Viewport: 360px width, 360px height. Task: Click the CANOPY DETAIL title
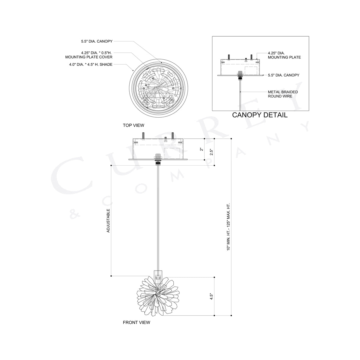point(260,115)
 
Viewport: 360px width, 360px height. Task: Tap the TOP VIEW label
point(133,125)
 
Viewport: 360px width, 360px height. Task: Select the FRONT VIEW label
point(136,322)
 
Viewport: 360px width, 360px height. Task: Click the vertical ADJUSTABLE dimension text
point(108,221)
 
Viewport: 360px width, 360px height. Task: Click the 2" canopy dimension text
point(202,149)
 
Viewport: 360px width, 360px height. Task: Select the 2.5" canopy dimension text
point(212,152)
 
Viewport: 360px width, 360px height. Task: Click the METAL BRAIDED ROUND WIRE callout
point(283,94)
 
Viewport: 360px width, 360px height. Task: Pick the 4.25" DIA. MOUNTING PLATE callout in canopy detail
point(284,55)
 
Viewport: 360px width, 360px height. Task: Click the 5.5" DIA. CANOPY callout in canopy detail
point(283,75)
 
